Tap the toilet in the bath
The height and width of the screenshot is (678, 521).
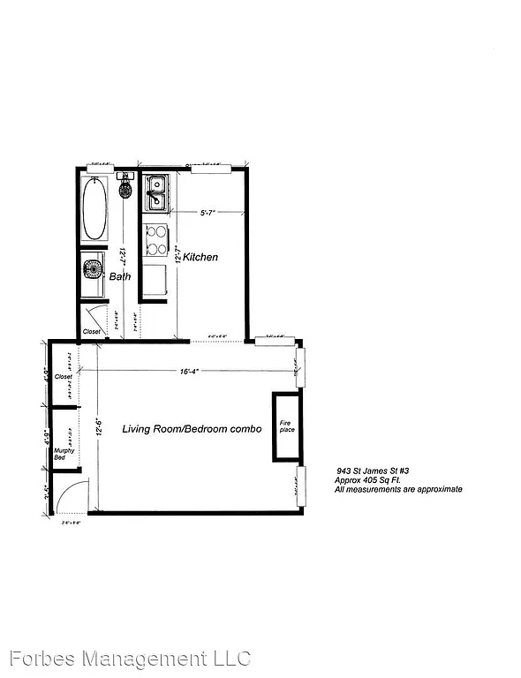125,190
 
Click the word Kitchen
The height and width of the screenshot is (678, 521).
200,257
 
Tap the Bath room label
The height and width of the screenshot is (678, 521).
120,276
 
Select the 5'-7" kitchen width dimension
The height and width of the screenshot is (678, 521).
208,212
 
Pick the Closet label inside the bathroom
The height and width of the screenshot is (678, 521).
92,332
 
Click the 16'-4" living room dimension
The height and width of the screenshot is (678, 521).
187,372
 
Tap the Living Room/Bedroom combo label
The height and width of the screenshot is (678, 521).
192,429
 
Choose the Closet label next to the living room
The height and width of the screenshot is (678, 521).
63,376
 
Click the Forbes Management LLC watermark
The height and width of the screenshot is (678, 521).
130,659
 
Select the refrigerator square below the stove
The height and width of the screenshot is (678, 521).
156,280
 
